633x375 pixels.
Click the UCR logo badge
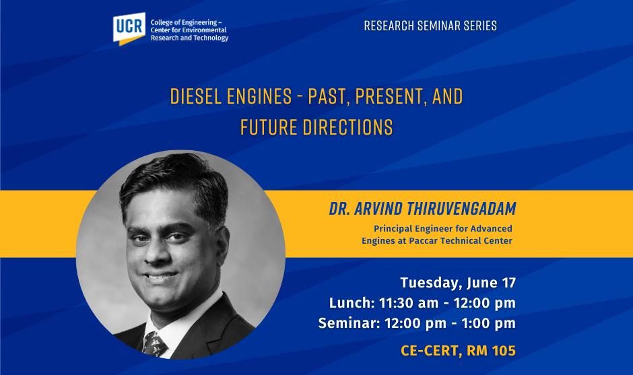point(129,29)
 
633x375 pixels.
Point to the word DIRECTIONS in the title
point(348,127)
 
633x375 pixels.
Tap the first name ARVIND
point(378,209)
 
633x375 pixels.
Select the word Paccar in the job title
point(423,241)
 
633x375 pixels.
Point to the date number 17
point(509,283)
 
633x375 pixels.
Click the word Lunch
point(352,303)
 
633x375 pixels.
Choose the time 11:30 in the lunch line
point(397,303)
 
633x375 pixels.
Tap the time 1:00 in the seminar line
point(475,323)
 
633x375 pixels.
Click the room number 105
point(504,351)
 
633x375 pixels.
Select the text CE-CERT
point(430,351)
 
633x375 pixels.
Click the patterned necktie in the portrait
point(154,344)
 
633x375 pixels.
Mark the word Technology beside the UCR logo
point(210,38)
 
